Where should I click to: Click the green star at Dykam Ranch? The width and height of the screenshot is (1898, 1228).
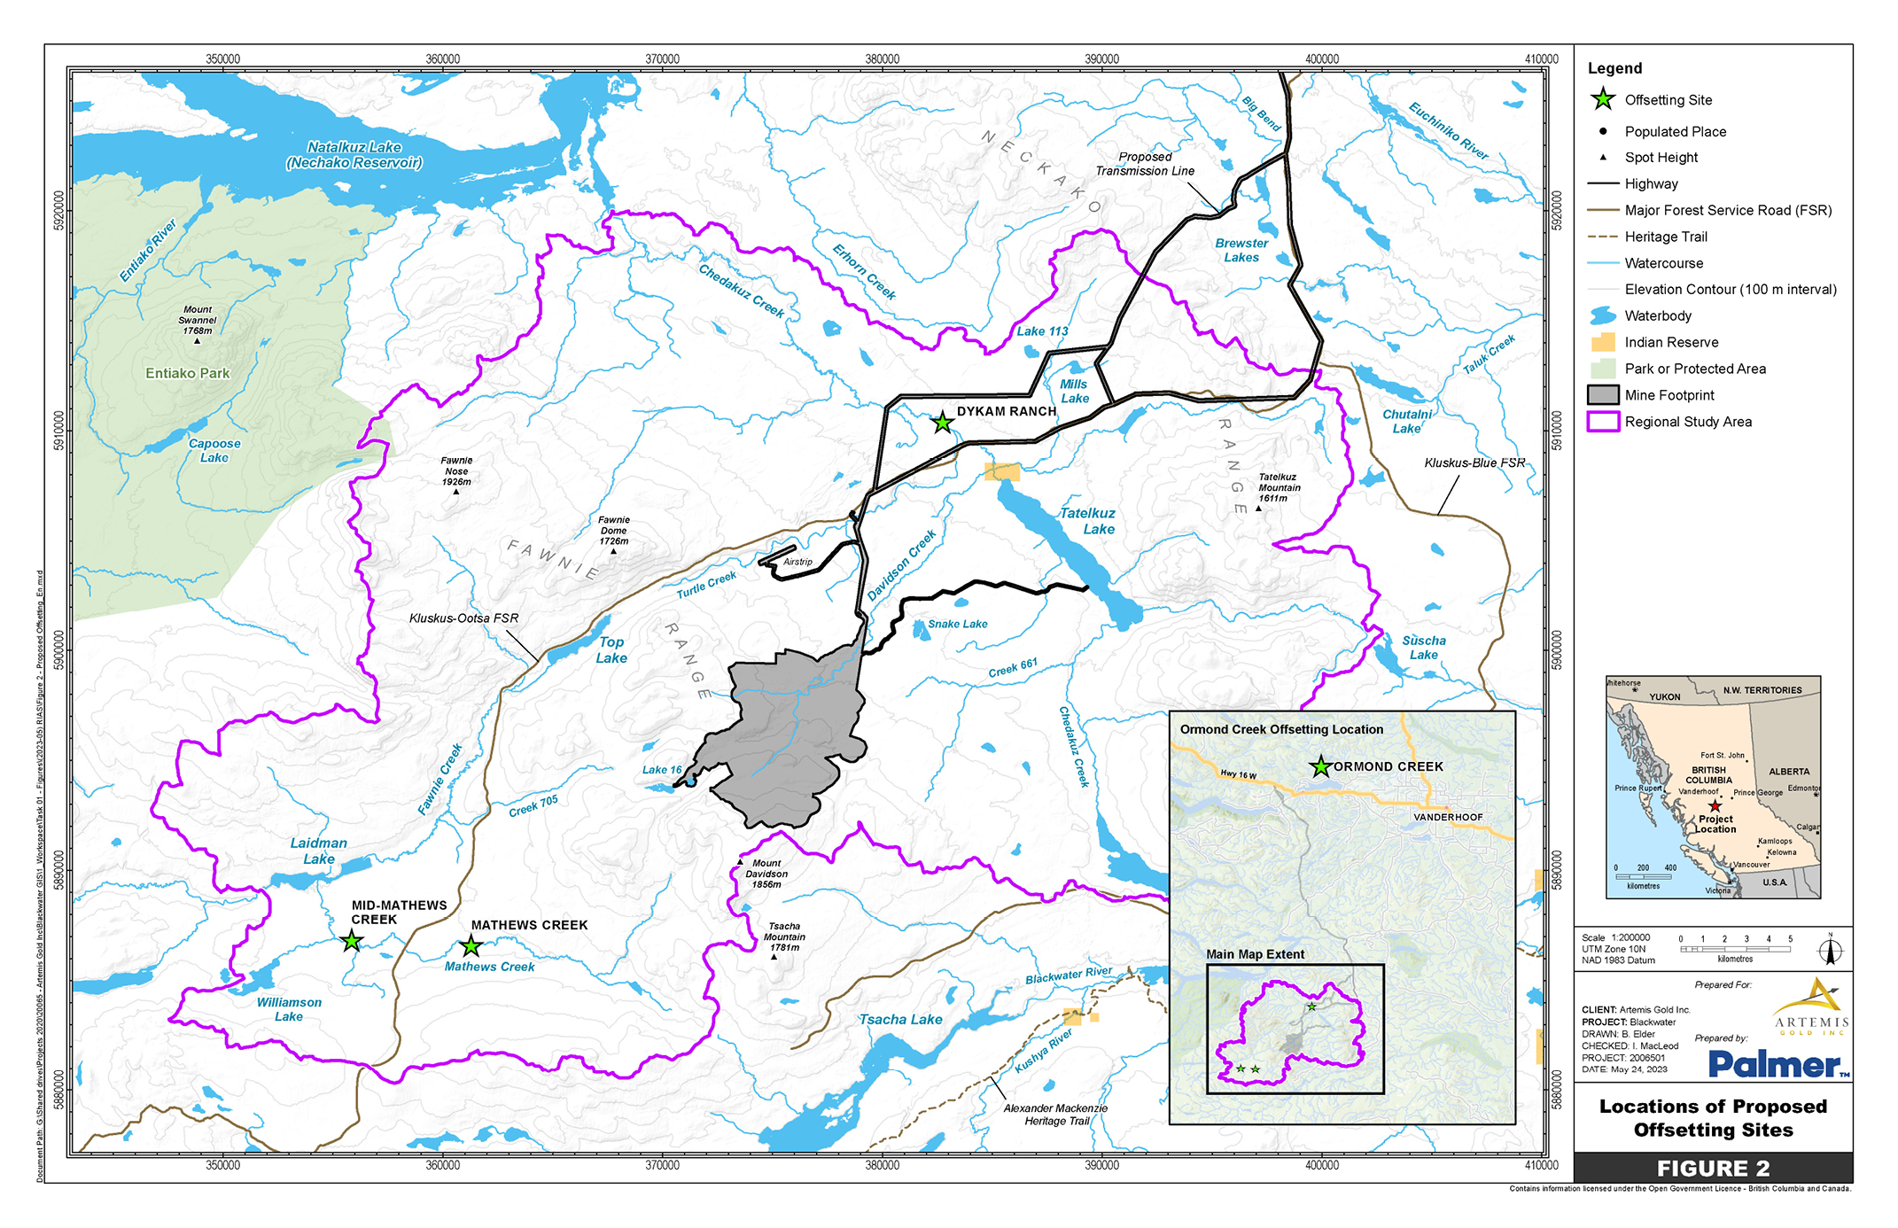tap(942, 424)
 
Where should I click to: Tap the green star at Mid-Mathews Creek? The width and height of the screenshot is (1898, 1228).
tap(352, 941)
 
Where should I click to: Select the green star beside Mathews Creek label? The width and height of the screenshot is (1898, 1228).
tap(471, 946)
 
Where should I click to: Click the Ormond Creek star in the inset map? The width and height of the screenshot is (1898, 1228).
tap(1320, 766)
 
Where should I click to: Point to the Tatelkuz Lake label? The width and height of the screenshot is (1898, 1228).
tap(1089, 521)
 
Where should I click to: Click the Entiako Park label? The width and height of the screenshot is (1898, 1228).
tap(188, 373)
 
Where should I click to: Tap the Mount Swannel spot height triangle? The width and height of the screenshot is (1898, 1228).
tap(197, 341)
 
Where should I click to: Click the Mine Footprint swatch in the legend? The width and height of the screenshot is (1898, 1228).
tap(1603, 395)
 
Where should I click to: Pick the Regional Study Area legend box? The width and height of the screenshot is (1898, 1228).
tap(1603, 422)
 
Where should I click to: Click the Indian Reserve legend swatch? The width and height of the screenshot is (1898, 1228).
tap(1603, 342)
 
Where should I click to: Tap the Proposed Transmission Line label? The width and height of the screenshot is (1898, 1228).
tap(1145, 164)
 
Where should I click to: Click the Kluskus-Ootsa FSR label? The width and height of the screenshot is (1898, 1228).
tap(463, 618)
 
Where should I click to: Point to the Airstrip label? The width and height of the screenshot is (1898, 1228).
tap(797, 562)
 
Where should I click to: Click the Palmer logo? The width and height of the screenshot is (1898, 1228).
tap(1777, 1064)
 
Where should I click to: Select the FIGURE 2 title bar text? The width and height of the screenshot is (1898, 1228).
tap(1713, 1168)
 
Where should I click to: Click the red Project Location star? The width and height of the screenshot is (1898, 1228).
tap(1715, 806)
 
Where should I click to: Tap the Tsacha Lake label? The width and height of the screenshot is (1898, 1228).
tap(900, 1020)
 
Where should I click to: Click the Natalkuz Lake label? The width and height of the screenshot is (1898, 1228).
tap(354, 154)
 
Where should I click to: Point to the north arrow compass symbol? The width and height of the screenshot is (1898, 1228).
tap(1831, 951)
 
